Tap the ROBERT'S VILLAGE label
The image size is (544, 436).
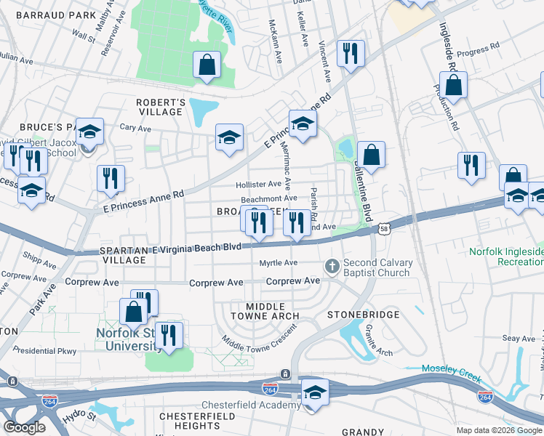click(160, 107)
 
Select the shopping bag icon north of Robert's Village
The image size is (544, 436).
click(207, 65)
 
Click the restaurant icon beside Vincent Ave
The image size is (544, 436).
click(351, 54)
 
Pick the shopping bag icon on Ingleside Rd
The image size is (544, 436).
click(453, 85)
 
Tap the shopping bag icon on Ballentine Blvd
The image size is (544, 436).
click(371, 155)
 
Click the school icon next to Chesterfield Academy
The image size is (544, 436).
click(315, 392)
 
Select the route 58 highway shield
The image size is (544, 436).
click(383, 229)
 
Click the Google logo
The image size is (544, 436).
click(24, 427)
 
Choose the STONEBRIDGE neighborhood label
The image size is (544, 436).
click(363, 315)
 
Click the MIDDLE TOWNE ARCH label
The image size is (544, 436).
click(265, 312)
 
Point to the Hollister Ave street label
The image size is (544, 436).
click(257, 185)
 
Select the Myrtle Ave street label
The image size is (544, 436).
click(279, 262)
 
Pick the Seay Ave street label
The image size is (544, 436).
click(519, 338)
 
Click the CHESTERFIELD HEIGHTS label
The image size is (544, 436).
click(195, 421)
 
